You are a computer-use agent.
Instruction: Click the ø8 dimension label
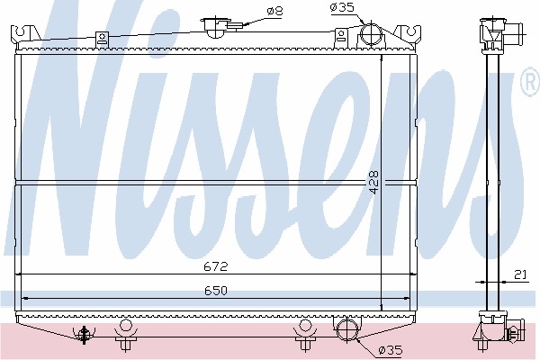click(x=274, y=12)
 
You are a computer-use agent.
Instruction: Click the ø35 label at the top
click(x=342, y=7)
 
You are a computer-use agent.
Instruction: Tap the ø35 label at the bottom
click(x=390, y=350)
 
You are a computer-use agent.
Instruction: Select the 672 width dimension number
click(x=216, y=266)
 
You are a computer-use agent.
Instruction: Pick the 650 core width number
click(x=216, y=291)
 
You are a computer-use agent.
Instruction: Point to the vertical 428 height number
click(x=374, y=182)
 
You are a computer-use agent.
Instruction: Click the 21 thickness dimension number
click(x=520, y=274)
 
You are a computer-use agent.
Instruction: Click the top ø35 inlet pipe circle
click(x=371, y=33)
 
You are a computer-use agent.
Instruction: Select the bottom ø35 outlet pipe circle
click(x=347, y=329)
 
